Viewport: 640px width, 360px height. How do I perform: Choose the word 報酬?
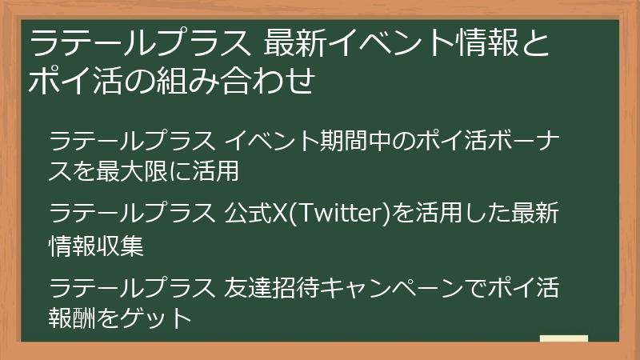coord(72,317)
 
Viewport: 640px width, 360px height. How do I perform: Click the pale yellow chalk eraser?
coord(563,338)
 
